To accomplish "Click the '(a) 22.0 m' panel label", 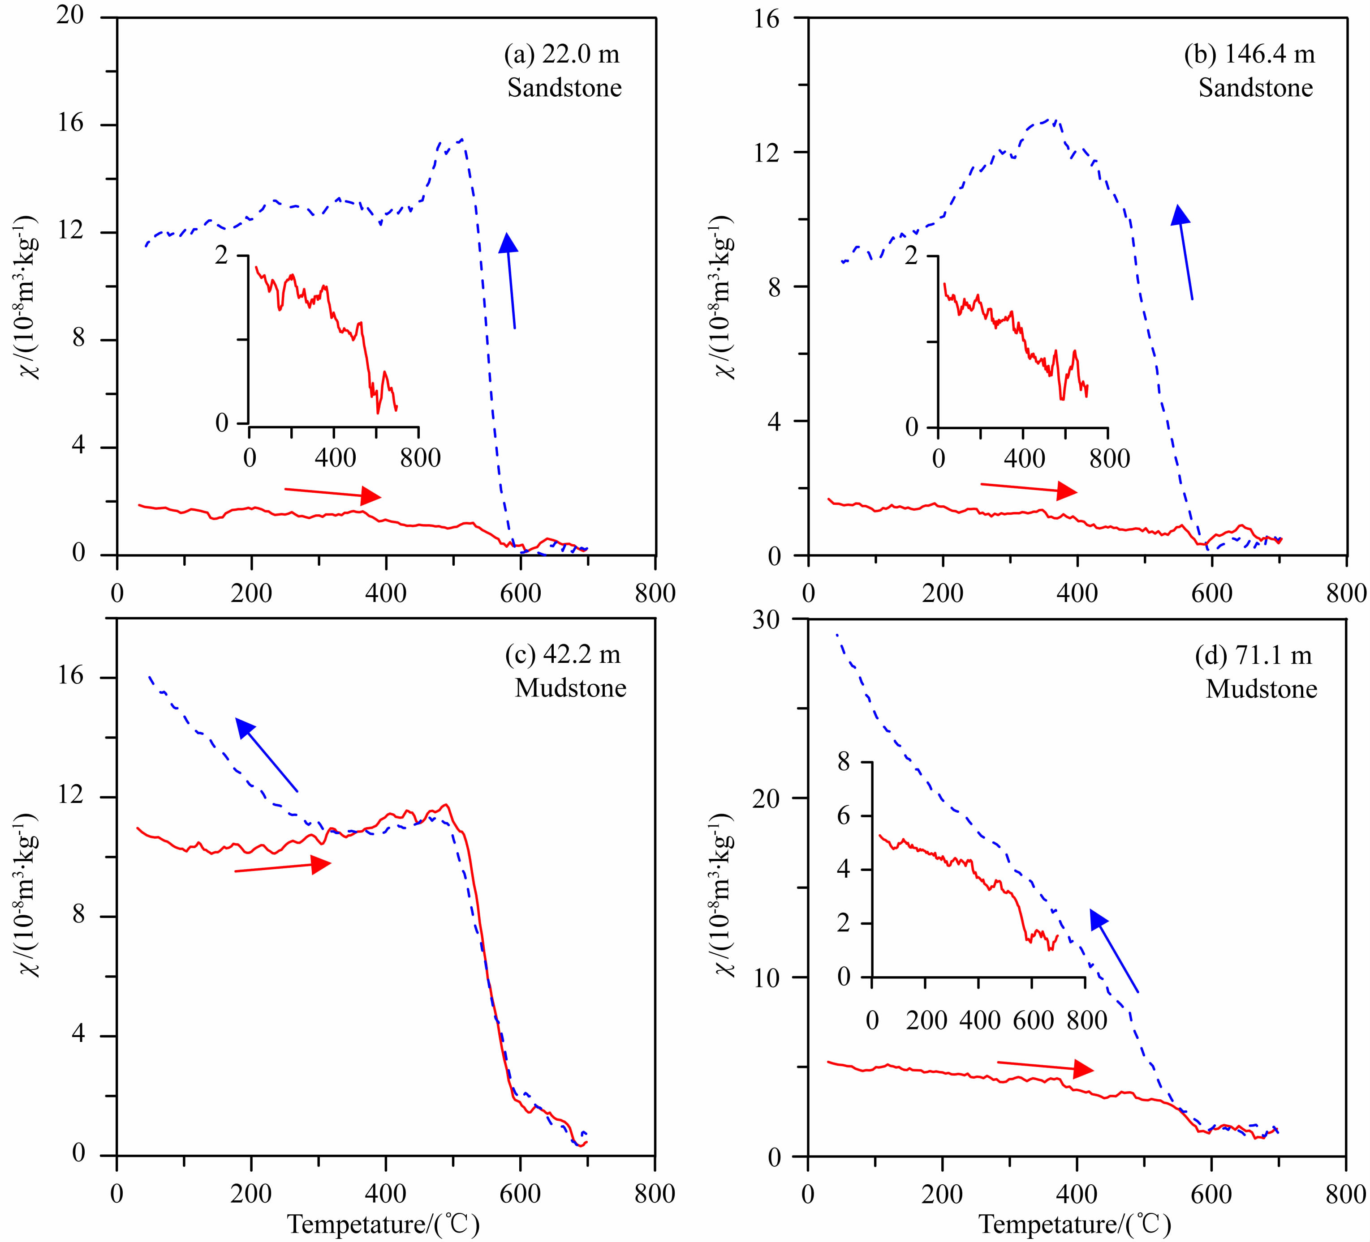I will click(x=561, y=54).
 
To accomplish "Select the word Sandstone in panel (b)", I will click(x=1255, y=88).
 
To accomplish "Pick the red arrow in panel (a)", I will click(x=332, y=493).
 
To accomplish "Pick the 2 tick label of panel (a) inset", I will click(x=222, y=256).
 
